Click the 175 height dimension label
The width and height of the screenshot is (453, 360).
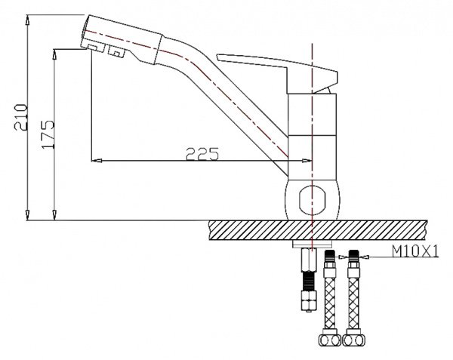(x=49, y=134)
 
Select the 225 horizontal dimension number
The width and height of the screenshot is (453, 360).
(x=202, y=154)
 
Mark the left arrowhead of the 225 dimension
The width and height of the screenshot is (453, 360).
(x=94, y=160)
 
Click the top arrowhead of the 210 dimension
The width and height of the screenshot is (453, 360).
(x=28, y=17)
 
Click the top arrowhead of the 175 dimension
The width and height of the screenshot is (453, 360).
(x=56, y=51)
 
